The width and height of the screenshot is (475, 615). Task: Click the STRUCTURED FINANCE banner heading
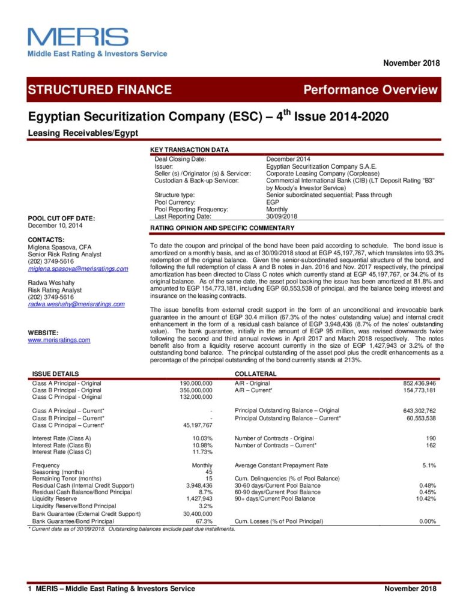click(x=100, y=90)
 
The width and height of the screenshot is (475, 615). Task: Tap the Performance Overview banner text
click(x=370, y=90)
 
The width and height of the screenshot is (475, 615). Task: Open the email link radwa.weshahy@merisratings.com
click(x=76, y=304)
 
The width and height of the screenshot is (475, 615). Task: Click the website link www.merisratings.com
click(x=59, y=340)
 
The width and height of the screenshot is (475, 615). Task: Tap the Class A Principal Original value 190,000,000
click(x=196, y=383)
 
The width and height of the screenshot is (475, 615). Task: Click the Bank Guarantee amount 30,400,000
click(x=196, y=514)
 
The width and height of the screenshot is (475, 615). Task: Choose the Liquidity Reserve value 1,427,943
click(x=199, y=498)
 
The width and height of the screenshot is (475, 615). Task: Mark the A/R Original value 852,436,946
click(x=419, y=383)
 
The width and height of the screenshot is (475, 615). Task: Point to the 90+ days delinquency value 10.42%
click(x=426, y=498)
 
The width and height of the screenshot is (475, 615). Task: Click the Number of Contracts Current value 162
click(x=431, y=445)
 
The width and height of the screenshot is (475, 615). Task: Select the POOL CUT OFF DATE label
click(x=62, y=218)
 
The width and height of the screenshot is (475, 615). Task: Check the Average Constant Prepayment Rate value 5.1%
click(x=429, y=465)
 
